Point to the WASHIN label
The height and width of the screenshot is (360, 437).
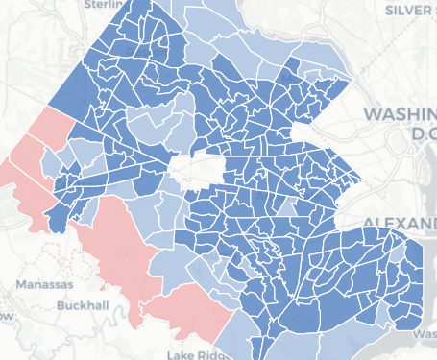tap(399, 114)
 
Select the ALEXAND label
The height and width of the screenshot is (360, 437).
tap(399, 224)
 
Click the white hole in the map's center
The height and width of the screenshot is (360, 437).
tap(196, 170)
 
